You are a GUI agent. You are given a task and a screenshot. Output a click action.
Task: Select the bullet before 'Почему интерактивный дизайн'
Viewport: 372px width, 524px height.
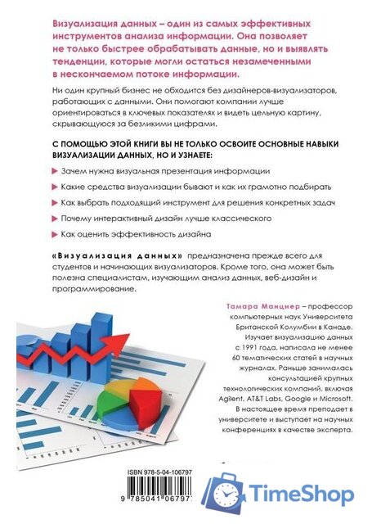coord(55,219)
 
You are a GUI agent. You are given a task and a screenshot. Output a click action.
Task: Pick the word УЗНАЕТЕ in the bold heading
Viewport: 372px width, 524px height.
coord(189,153)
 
